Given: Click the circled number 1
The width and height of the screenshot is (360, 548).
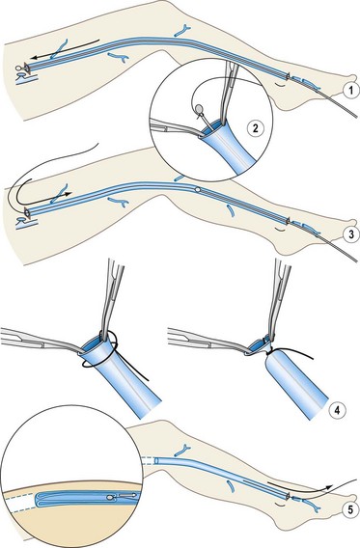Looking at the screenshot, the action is pyautogui.click(x=350, y=91).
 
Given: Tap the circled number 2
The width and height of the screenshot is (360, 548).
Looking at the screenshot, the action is pyautogui.click(x=255, y=128).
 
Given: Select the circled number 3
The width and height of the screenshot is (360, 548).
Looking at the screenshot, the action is pyautogui.click(x=351, y=234).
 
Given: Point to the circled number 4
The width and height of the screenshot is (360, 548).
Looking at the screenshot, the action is pyautogui.click(x=337, y=410).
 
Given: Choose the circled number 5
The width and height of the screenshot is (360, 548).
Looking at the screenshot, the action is pyautogui.click(x=350, y=510).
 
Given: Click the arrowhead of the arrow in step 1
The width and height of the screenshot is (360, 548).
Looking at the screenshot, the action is pyautogui.click(x=35, y=57).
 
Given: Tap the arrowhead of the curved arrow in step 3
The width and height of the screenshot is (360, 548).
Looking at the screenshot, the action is pyautogui.click(x=69, y=193).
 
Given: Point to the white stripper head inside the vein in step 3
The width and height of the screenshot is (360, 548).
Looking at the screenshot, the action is pyautogui.click(x=198, y=189).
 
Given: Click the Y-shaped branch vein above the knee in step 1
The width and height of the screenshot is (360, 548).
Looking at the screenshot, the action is pyautogui.click(x=182, y=31).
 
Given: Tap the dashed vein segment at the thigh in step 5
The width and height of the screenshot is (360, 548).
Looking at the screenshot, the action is pyautogui.click(x=148, y=460).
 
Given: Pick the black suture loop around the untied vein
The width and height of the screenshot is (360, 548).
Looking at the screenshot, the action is pyautogui.click(x=99, y=351).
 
